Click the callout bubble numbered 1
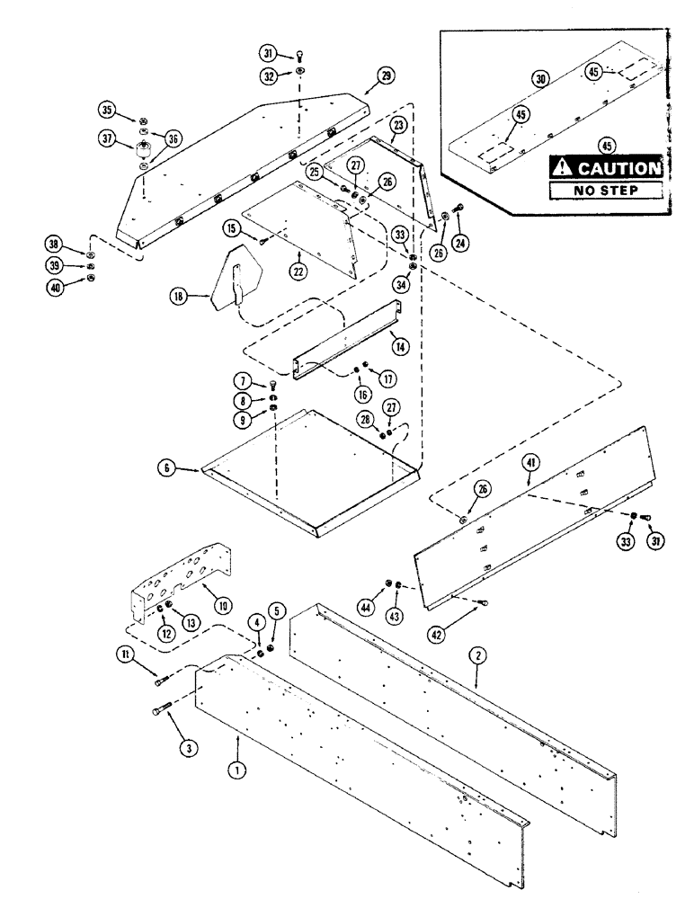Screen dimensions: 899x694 tap(237, 743)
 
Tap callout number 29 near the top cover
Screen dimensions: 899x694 tap(386, 77)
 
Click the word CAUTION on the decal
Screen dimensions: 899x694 tap(614, 168)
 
